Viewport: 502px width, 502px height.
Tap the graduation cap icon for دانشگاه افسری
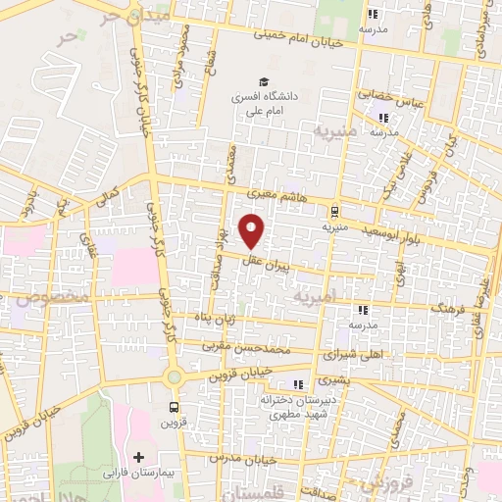(x=262, y=81)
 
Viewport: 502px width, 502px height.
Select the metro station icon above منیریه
(x=334, y=210)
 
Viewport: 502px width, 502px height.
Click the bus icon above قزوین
(x=174, y=407)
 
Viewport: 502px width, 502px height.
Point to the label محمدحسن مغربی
(x=261, y=348)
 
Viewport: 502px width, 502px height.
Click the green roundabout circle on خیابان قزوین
(x=175, y=376)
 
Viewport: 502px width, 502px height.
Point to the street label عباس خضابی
(x=389, y=99)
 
